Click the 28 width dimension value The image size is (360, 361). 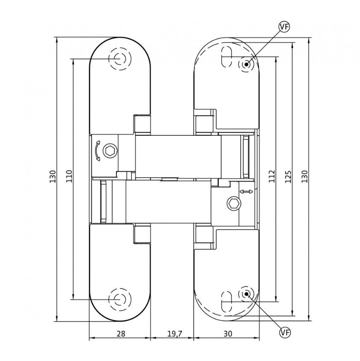pyautogui.click(x=121, y=334)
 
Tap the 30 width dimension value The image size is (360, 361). pyautogui.click(x=228, y=334)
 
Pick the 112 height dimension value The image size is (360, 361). pyautogui.click(x=272, y=176)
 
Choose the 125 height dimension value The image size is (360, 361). pyautogui.click(x=288, y=176)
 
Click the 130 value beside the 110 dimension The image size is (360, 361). pyautogui.click(x=52, y=176)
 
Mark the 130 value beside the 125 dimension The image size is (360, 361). pyautogui.click(x=305, y=176)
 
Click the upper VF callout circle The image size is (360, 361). pyautogui.click(x=284, y=27)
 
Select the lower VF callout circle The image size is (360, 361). pyautogui.click(x=284, y=331)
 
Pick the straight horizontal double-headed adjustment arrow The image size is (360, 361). pyautogui.click(x=246, y=192)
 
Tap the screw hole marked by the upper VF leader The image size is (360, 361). pyautogui.click(x=246, y=64)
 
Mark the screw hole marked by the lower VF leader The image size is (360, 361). pyautogui.click(x=246, y=294)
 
